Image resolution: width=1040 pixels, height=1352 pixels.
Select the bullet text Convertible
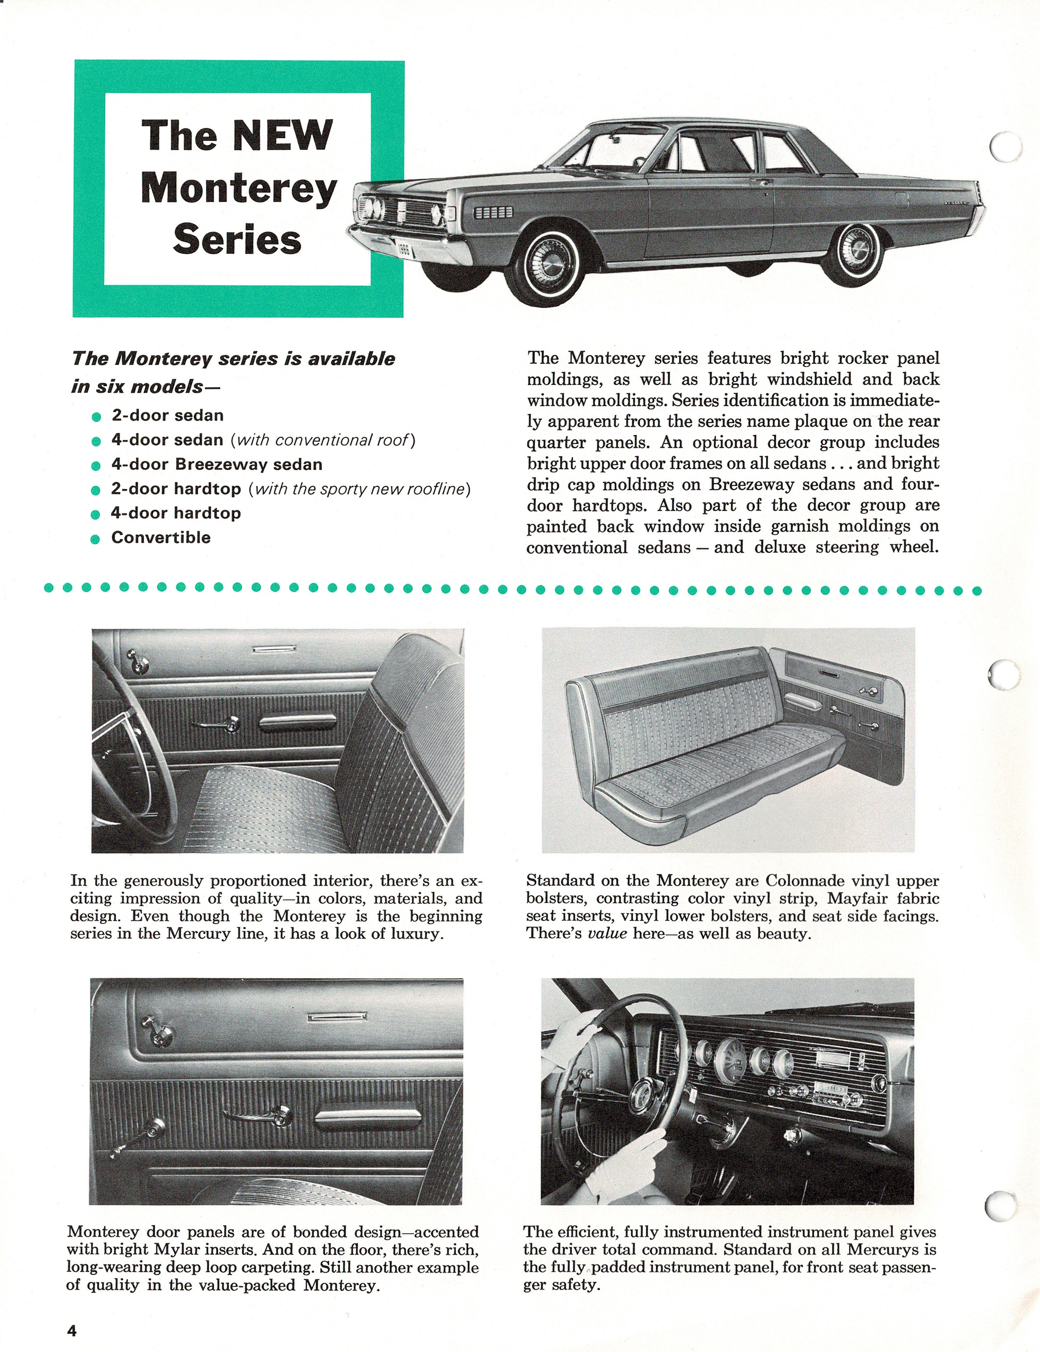(x=161, y=537)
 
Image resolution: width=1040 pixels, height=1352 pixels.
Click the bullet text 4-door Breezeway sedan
(x=217, y=464)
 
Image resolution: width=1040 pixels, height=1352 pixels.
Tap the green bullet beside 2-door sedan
(x=95, y=417)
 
